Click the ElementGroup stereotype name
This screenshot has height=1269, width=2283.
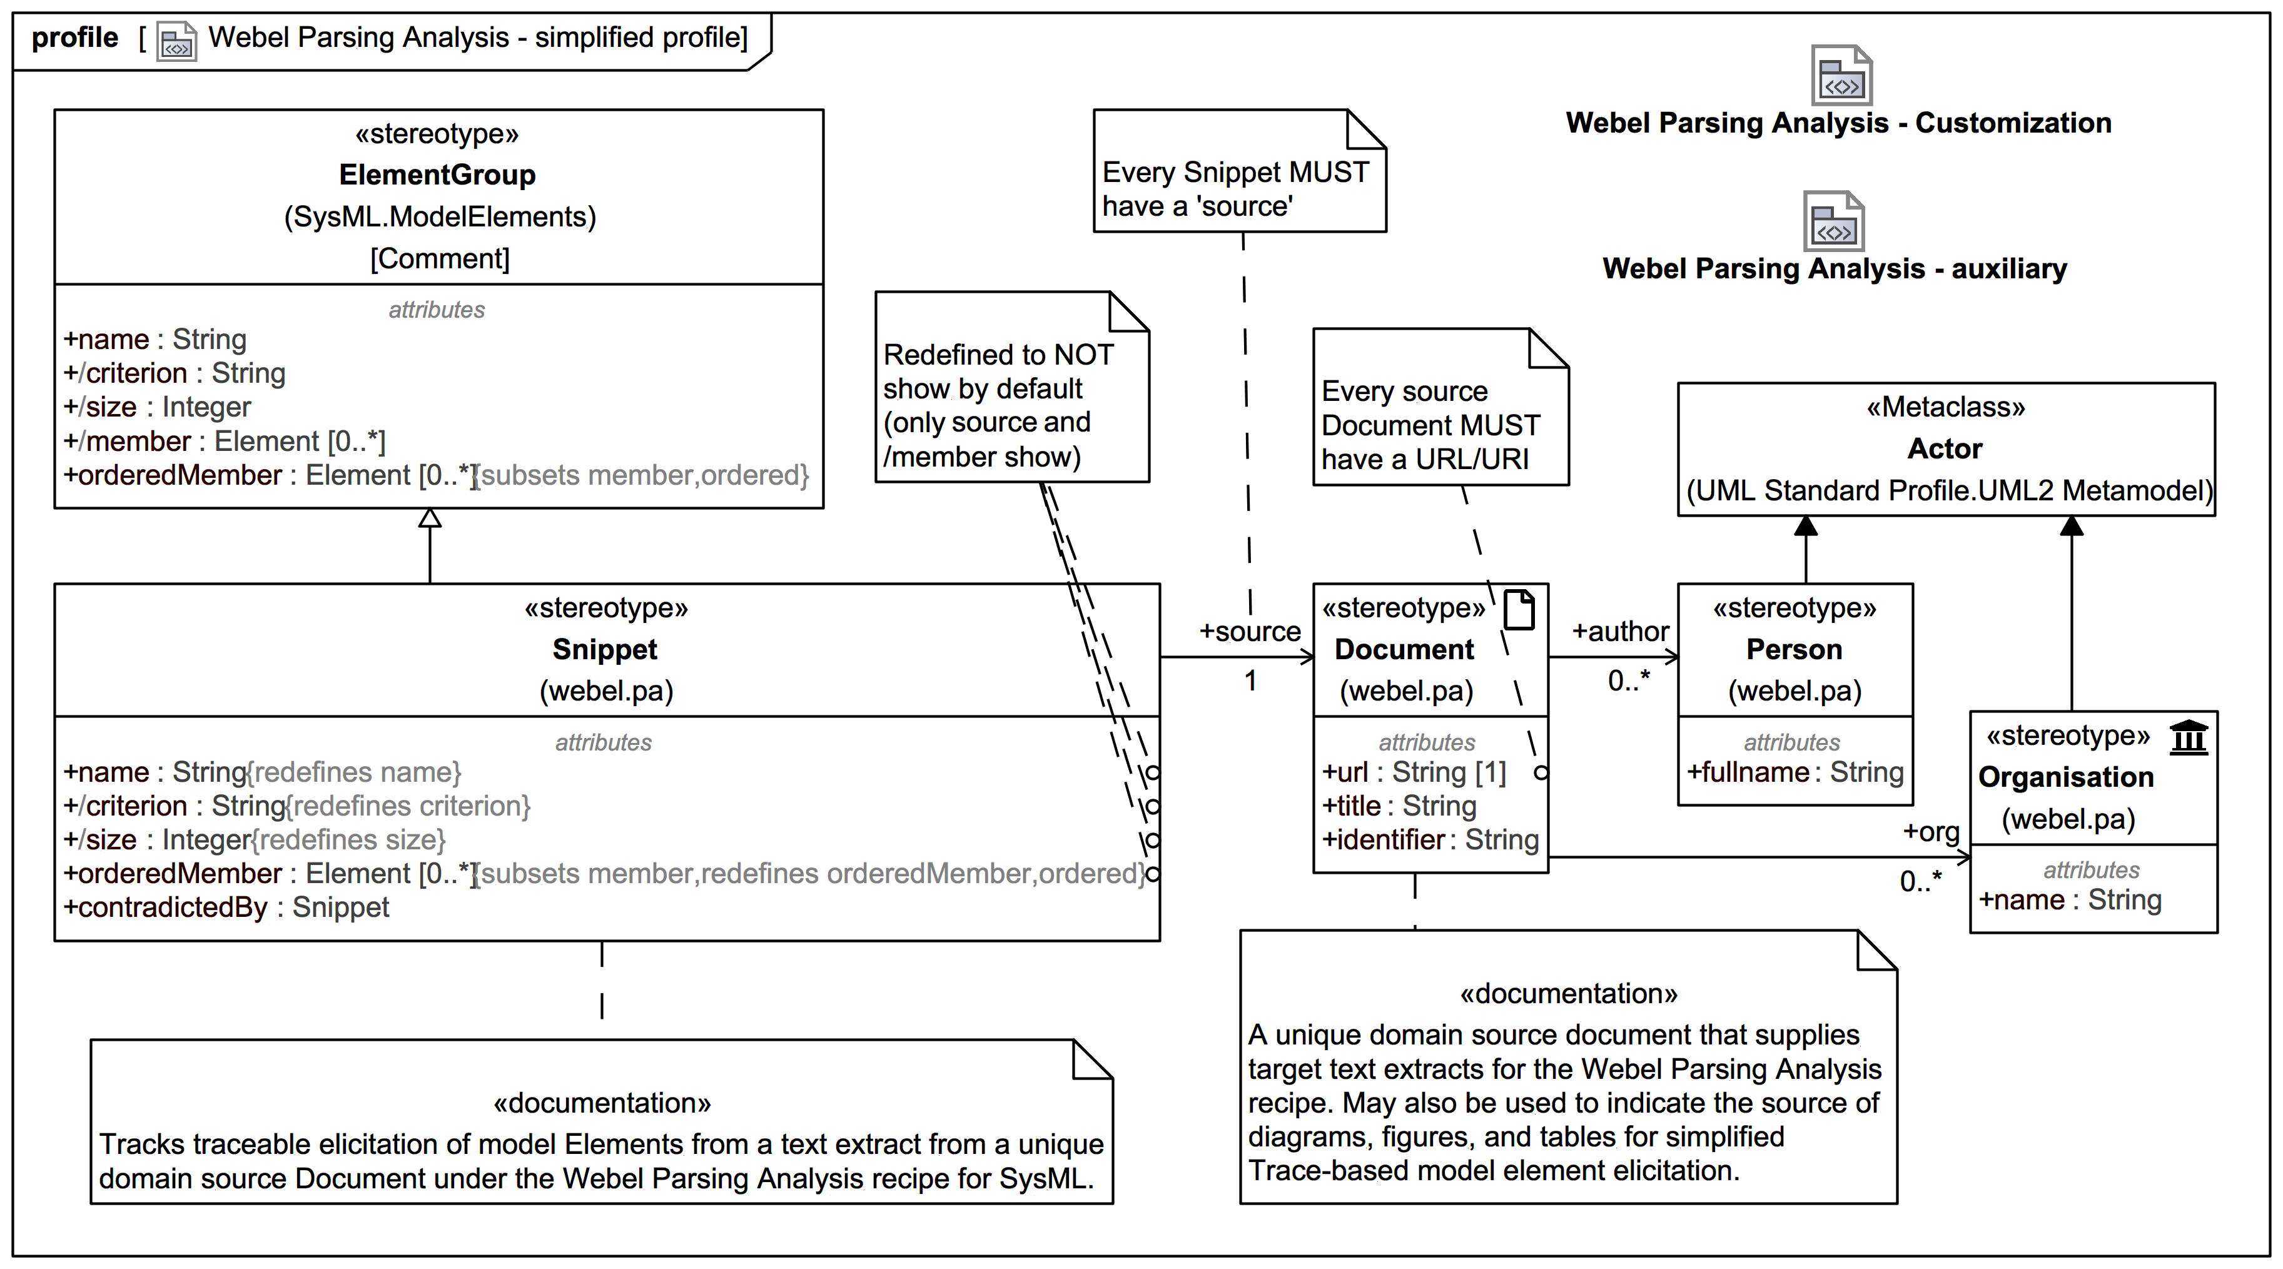tap(437, 174)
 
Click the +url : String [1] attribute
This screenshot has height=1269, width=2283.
tap(1414, 772)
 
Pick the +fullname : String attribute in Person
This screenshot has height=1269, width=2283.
tap(1795, 772)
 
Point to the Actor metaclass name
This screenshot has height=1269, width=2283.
tap(1945, 448)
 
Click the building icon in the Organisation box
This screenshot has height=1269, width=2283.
tap(2188, 736)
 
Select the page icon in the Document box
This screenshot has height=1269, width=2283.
tap(1519, 610)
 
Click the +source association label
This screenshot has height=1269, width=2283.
tap(1250, 631)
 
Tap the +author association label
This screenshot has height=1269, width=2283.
tap(1620, 631)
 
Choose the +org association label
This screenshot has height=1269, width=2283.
tap(1931, 831)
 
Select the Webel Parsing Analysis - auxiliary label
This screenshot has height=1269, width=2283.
tap(1834, 268)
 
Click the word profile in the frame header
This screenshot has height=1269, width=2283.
tap(74, 38)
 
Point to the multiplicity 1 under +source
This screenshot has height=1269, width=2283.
tap(1250, 680)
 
